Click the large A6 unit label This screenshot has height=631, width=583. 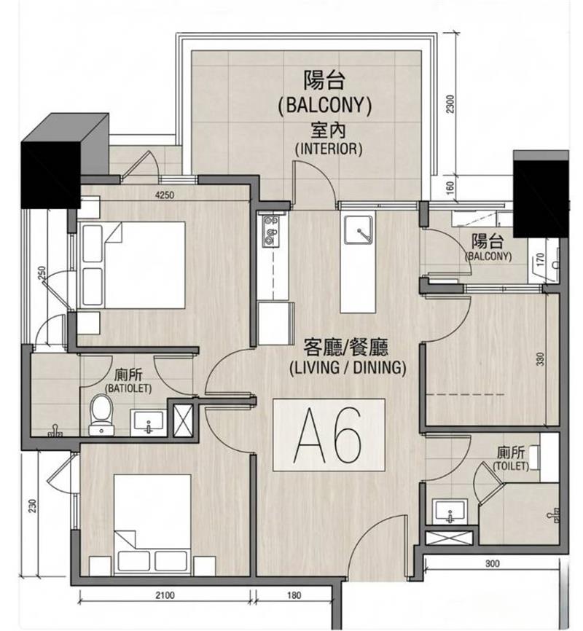(328, 434)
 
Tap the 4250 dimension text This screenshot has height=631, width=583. (165, 195)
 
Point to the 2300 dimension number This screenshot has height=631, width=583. (450, 103)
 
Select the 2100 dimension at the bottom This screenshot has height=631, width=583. (165, 595)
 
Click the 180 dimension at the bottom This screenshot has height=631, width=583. (294, 595)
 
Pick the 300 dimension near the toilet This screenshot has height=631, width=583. (492, 563)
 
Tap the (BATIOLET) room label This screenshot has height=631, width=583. (128, 389)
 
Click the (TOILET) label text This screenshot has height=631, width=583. (511, 466)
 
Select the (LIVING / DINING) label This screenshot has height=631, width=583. (348, 368)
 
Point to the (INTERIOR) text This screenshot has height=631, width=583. (329, 149)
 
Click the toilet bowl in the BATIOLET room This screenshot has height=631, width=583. (101, 415)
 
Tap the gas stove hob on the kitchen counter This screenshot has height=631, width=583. (270, 231)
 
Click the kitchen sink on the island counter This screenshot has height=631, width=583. (358, 230)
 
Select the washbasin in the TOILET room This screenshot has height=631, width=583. (450, 512)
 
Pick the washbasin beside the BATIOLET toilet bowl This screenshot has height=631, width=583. (148, 423)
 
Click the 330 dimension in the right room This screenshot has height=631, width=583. (540, 359)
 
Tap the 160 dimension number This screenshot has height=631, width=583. (450, 187)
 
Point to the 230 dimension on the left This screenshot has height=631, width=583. (33, 506)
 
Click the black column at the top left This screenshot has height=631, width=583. (64, 161)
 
